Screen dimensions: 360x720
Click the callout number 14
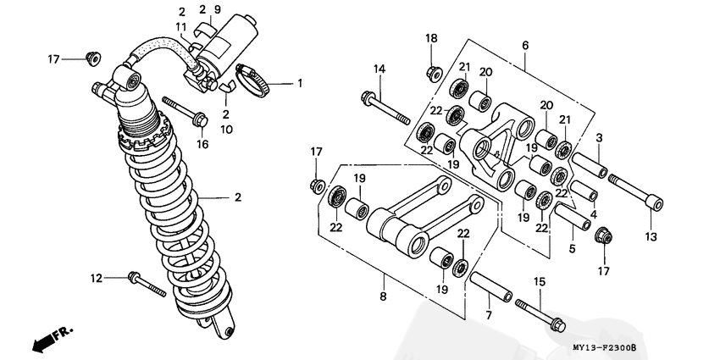[x=379, y=69]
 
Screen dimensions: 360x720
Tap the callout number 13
[x=651, y=237]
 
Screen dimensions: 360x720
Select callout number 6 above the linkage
[x=524, y=45]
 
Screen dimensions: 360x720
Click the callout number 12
[x=97, y=278]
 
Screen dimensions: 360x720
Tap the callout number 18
[x=431, y=39]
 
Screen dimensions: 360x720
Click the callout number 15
[x=539, y=280]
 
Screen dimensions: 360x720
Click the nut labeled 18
[x=432, y=72]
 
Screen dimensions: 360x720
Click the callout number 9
[x=218, y=8]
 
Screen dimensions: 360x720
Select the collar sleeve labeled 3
[x=589, y=165]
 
